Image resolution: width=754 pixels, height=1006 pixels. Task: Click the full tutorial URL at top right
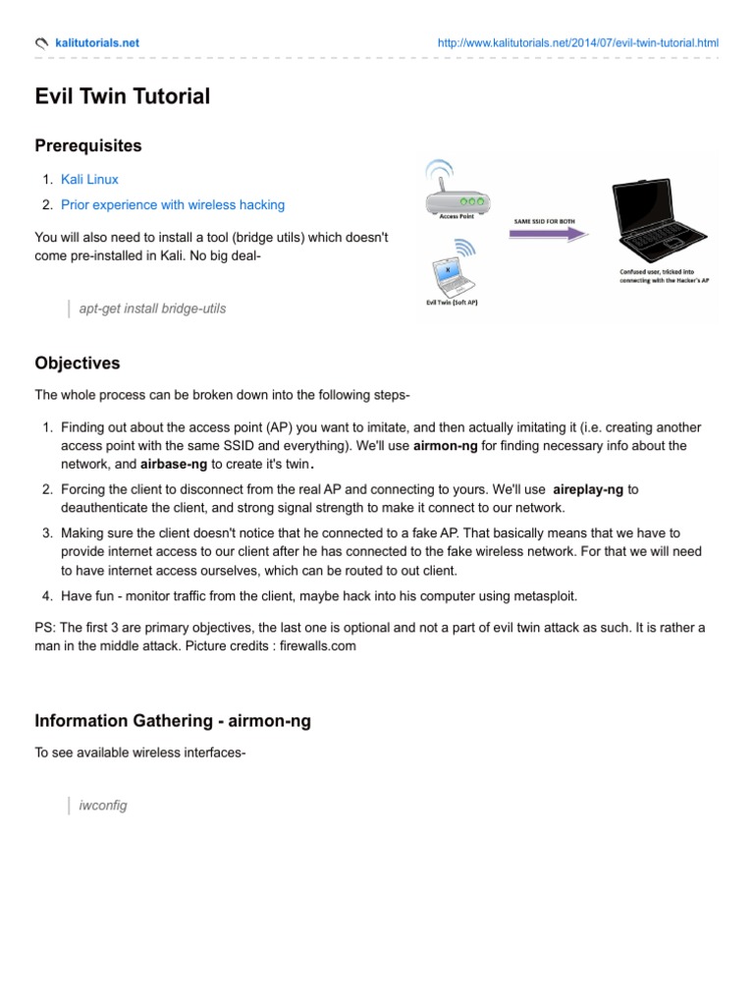point(577,43)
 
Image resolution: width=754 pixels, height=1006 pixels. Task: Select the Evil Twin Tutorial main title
point(122,96)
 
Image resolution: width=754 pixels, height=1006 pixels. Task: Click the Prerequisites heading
point(88,146)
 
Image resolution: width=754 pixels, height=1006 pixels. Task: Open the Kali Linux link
point(89,180)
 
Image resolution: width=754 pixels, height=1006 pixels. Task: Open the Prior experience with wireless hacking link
point(173,205)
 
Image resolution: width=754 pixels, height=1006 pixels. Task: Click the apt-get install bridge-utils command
point(152,308)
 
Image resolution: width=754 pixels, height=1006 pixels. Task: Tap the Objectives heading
point(78,363)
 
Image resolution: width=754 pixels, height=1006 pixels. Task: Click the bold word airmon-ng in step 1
point(446,446)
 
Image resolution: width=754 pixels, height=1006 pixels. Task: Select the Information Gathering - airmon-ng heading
point(173,721)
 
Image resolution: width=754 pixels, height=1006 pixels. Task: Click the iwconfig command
point(103,806)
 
